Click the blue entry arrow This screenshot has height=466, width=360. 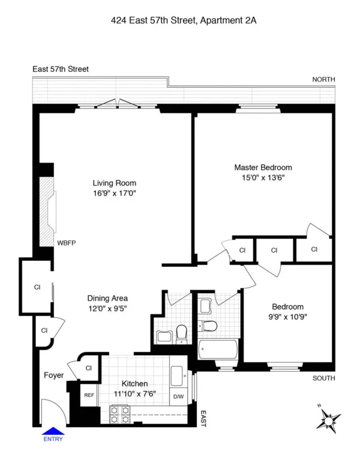click(53, 429)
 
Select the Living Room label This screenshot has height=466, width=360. click(114, 183)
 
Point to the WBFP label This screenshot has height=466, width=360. click(66, 243)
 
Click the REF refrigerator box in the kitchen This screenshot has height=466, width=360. click(88, 395)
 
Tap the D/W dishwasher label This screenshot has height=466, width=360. click(179, 396)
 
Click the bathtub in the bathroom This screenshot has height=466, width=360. click(219, 350)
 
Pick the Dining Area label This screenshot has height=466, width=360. click(107, 298)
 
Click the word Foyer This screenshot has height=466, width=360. click(53, 376)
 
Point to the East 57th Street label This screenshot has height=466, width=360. click(61, 69)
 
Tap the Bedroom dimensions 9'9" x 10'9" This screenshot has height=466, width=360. click(287, 317)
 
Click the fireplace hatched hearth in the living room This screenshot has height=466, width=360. click(47, 212)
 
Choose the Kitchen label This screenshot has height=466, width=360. click(134, 384)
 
